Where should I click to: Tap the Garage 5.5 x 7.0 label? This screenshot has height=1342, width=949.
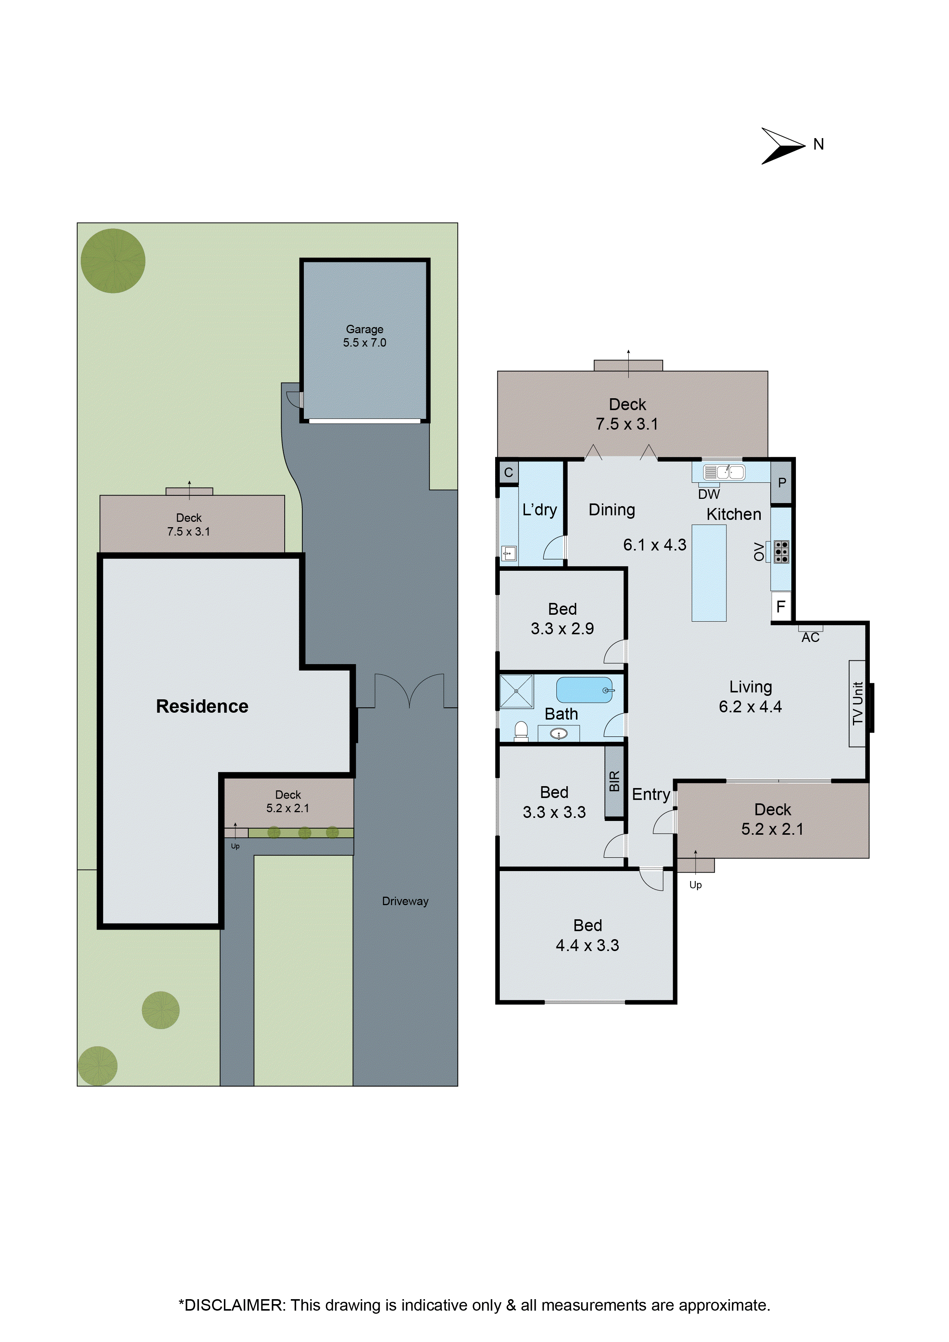[x=364, y=336]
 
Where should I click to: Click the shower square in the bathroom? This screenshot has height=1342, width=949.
[x=516, y=691]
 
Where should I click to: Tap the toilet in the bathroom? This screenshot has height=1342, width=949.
[x=520, y=731]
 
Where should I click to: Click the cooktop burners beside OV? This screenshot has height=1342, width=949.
[x=781, y=552]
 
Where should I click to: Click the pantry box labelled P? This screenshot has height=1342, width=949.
[x=781, y=483]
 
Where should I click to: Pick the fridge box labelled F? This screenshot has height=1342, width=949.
[x=781, y=607]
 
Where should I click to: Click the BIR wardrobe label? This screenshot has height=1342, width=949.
[x=614, y=782]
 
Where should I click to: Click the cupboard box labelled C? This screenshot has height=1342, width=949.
[x=508, y=472]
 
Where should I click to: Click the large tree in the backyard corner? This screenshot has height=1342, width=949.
[x=113, y=261]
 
